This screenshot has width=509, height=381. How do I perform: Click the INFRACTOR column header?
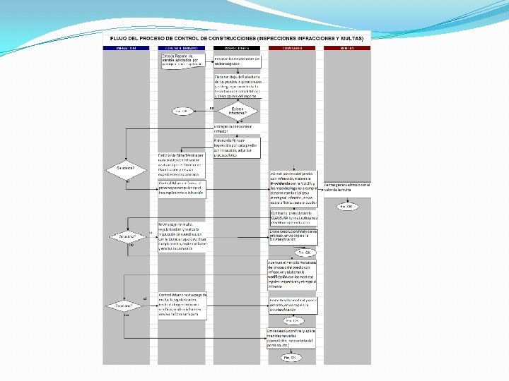127,48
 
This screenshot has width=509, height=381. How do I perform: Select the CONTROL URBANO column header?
182,48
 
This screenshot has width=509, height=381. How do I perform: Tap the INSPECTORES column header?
238,48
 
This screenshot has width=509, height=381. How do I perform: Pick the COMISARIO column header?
293,48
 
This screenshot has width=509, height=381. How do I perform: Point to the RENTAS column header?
347,48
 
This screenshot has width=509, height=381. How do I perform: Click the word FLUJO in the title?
119,37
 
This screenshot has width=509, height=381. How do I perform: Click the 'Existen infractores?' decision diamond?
238,110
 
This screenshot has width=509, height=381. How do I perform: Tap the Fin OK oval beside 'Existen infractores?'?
182,111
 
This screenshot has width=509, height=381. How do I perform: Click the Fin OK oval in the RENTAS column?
347,207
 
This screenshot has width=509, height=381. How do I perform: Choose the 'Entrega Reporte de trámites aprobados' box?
182,59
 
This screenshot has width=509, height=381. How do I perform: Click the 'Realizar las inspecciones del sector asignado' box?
238,61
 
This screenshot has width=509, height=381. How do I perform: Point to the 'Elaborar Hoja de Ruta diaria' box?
238,86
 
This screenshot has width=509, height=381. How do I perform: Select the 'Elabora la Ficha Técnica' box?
182,164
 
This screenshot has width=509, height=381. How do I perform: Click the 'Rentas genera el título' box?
347,187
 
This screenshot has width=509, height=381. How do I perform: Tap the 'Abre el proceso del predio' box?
293,188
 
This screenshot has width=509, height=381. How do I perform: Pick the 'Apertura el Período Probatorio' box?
293,274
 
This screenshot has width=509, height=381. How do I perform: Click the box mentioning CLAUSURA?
293,217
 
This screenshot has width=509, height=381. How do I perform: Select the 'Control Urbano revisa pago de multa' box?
182,306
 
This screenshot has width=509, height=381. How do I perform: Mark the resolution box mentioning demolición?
293,339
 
